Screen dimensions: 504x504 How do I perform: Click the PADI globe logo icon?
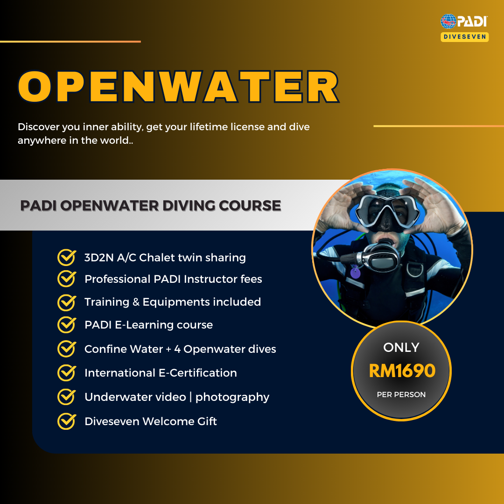click(x=448, y=21)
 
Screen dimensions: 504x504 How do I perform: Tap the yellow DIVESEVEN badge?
click(x=465, y=37)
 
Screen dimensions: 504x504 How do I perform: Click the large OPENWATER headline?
click(x=178, y=87)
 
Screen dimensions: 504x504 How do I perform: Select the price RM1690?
click(x=402, y=371)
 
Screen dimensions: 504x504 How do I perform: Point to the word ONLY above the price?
click(x=401, y=347)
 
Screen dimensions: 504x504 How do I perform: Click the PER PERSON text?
click(x=401, y=394)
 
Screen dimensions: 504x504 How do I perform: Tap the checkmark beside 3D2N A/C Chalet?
click(x=67, y=257)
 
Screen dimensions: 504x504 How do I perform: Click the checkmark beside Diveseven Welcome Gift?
click(x=67, y=421)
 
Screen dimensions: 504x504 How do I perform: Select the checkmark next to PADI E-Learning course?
click(x=67, y=324)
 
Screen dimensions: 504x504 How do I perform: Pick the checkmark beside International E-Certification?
click(x=67, y=372)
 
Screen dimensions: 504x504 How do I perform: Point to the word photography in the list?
click(x=232, y=397)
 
